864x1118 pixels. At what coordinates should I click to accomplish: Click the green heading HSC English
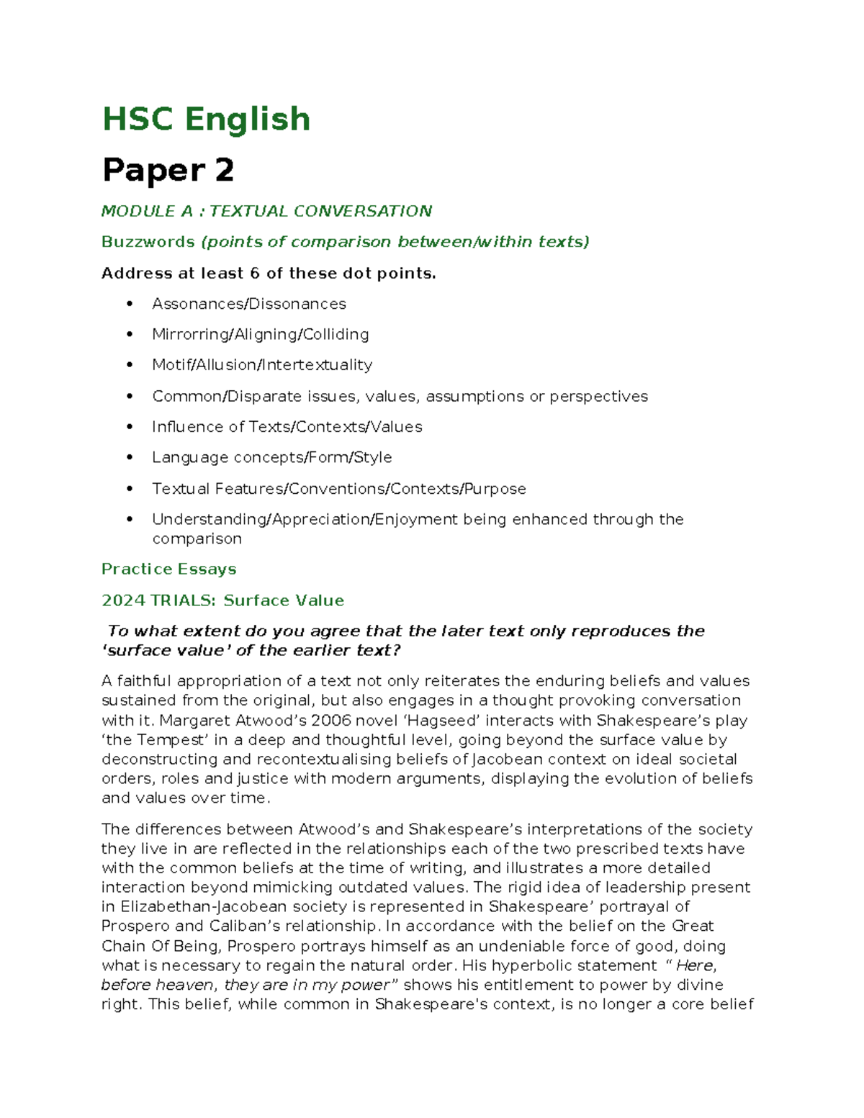206,119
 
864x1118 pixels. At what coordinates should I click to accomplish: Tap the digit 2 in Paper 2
223,171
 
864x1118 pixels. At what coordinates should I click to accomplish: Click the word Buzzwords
148,242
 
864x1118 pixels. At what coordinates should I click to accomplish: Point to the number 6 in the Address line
254,274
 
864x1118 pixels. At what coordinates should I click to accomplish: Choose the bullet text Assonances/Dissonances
248,304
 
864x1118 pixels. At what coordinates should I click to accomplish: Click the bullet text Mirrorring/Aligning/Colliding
260,335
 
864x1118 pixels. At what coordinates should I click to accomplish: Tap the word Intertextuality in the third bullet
318,365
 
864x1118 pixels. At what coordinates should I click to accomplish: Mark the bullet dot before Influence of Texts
130,427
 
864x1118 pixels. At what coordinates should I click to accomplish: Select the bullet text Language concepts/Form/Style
271,458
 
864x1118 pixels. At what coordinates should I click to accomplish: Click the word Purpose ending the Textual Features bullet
495,489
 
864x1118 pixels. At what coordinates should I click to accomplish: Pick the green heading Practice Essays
168,569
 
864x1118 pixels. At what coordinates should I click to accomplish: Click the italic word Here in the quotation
696,965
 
